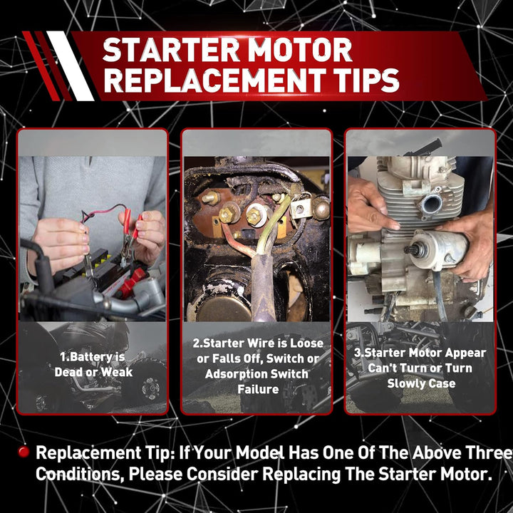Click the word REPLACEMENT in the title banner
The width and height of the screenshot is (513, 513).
[217, 81]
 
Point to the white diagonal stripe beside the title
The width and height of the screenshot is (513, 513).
[71, 66]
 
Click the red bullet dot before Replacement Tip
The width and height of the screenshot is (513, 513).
[24, 452]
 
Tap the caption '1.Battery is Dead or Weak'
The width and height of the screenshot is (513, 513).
[93, 365]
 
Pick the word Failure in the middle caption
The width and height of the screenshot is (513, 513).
[258, 389]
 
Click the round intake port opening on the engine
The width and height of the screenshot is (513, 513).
[432, 204]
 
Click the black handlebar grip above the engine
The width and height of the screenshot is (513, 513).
[425, 148]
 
